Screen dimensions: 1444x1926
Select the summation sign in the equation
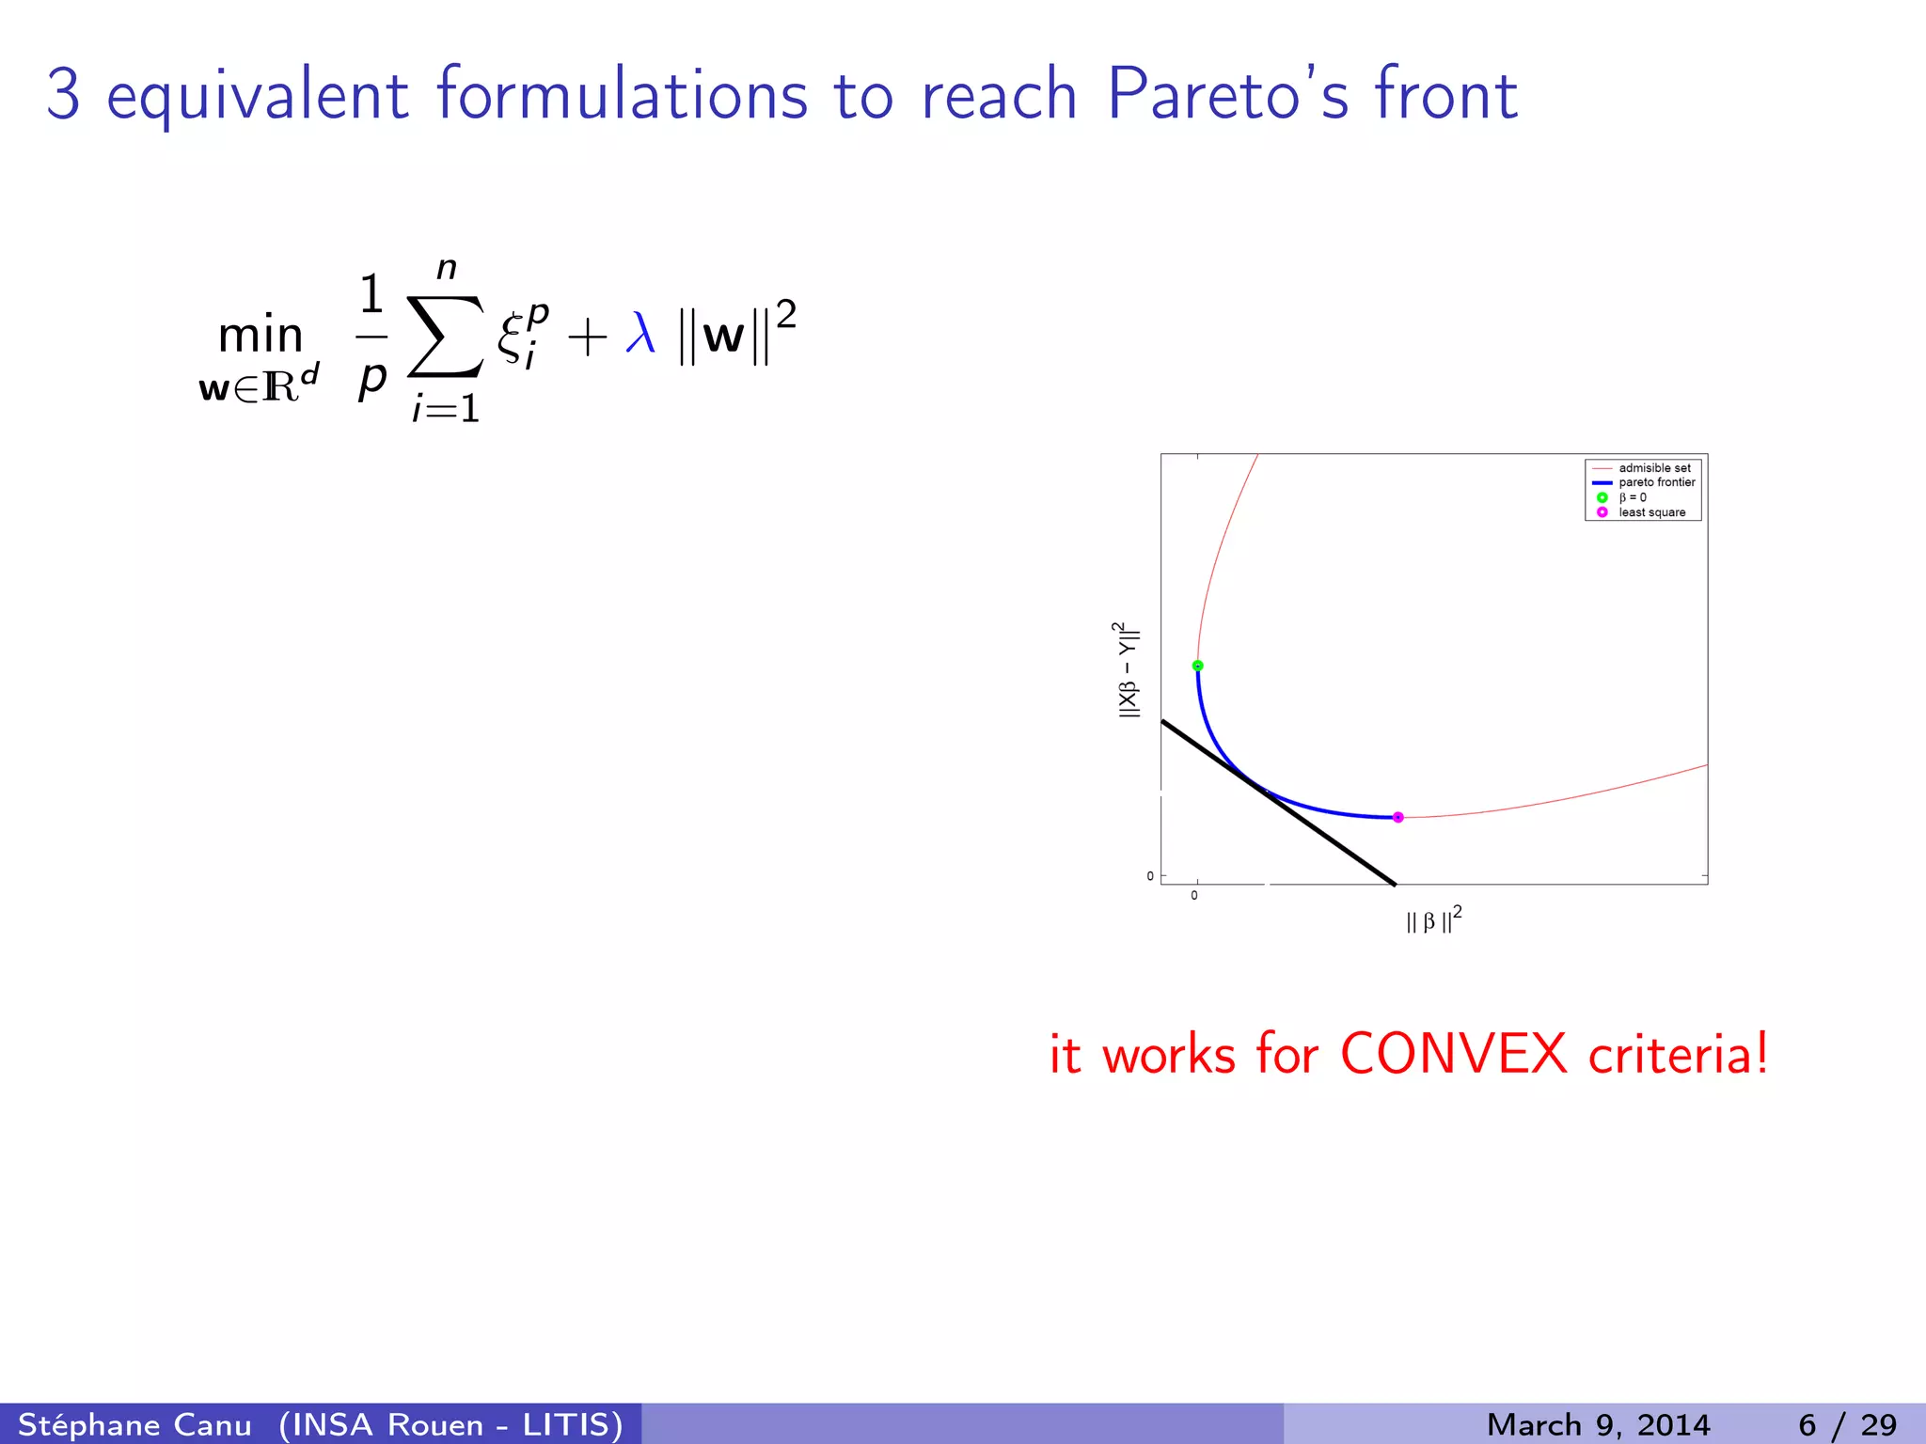445,337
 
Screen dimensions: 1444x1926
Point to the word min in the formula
260,336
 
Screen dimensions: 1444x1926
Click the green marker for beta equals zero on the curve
1197,666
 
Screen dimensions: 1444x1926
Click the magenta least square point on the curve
1397,817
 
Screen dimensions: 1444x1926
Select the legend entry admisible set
1654,468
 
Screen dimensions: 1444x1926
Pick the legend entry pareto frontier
1656,482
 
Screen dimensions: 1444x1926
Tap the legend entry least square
1651,512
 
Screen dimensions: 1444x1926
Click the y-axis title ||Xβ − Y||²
1127,669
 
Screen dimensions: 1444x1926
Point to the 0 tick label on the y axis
1149,876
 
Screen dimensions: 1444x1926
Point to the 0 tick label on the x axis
1194,896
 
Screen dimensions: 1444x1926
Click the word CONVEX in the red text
1453,1054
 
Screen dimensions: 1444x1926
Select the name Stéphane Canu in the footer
134,1424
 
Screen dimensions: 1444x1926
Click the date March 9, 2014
1597,1424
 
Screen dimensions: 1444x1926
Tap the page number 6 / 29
1847,1424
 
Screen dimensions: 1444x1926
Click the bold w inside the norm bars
723,337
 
